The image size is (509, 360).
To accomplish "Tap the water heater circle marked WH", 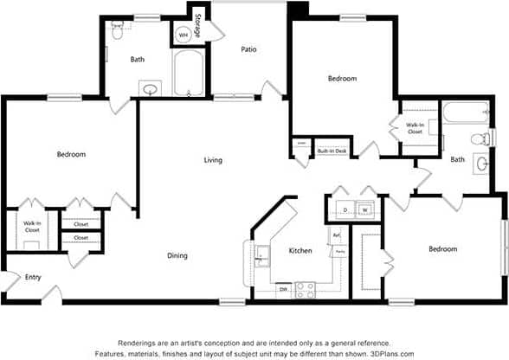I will (x=184, y=35).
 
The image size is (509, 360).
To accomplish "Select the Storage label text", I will (x=198, y=25).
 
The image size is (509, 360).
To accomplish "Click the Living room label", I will (x=213, y=160).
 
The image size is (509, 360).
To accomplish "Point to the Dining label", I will (x=177, y=255).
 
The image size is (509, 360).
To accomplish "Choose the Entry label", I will (x=33, y=277).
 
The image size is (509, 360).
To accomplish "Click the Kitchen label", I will (x=300, y=251).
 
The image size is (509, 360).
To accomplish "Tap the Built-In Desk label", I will (x=332, y=151).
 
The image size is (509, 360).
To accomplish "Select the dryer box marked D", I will (x=345, y=209).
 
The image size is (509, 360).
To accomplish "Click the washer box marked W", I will (x=366, y=209).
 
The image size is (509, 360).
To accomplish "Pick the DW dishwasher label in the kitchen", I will (x=283, y=289).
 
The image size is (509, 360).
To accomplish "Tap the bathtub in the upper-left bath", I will (x=188, y=74).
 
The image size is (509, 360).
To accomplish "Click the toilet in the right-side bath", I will (x=480, y=138).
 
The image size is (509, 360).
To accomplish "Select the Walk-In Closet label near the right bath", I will (x=415, y=128).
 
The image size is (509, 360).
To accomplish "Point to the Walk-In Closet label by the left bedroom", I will (x=32, y=228).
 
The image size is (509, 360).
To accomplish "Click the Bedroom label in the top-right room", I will (x=342, y=79).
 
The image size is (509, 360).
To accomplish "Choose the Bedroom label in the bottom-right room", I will (x=442, y=249).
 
